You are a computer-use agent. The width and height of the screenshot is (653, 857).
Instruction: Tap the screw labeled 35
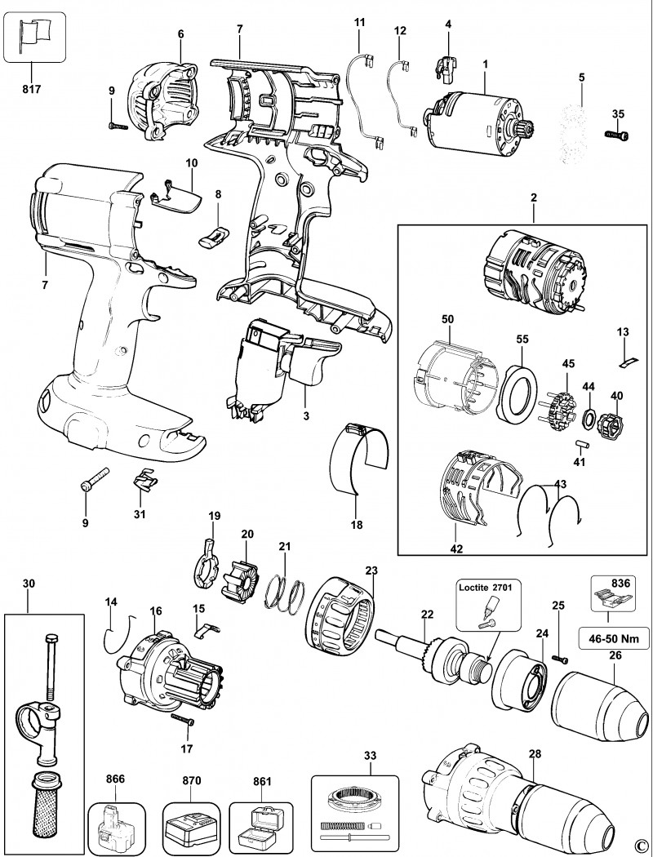(x=615, y=134)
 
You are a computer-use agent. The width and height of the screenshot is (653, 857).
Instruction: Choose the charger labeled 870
(x=190, y=826)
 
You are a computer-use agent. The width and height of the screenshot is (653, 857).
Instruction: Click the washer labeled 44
(x=587, y=420)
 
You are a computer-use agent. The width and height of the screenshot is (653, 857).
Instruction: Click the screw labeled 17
(x=184, y=719)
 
